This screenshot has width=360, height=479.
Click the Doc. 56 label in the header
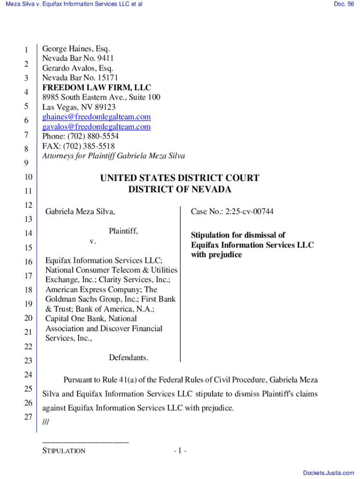344,4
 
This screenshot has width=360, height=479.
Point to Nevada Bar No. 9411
78,58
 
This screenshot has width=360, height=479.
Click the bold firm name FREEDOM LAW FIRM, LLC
97,87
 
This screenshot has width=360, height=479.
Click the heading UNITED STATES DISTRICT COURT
180,178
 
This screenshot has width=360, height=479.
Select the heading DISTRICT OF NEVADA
180,189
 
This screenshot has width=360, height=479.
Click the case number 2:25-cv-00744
249,212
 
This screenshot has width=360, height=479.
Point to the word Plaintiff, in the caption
123,231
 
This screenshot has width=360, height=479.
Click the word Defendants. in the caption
129,358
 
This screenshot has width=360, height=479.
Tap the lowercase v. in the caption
93,241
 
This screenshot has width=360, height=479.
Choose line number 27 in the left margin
28,417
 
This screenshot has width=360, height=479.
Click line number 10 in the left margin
28,177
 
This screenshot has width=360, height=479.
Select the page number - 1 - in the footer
180,451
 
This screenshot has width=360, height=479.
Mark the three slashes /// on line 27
45,422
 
